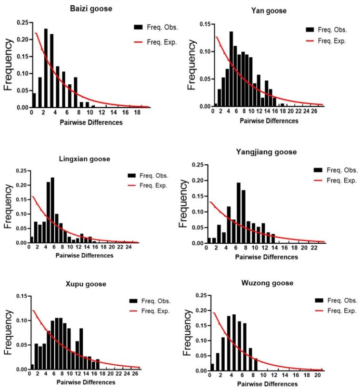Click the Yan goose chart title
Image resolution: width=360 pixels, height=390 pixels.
(270, 11)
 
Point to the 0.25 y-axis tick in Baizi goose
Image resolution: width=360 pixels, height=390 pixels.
(20, 22)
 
